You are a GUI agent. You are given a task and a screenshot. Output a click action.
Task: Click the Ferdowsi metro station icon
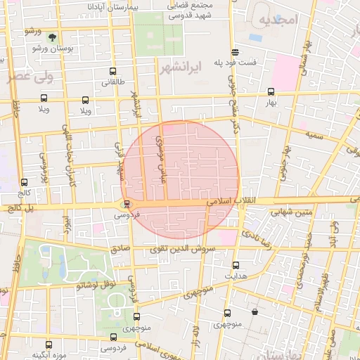(x=127, y=205)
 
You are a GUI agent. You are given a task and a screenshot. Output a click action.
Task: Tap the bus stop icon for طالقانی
(x=113, y=71)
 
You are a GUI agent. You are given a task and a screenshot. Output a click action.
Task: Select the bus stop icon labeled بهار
(x=271, y=91)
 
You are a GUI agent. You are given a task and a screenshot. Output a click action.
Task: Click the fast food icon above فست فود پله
(x=235, y=51)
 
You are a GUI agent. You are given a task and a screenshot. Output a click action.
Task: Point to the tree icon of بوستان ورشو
(x=53, y=34)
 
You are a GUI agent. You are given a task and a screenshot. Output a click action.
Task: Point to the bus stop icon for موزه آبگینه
(x=48, y=345)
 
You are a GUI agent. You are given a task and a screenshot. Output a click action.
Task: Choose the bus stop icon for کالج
(x=25, y=181)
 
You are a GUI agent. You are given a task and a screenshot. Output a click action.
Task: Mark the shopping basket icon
(x=253, y=311)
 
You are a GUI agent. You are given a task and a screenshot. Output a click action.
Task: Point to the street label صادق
(x=120, y=247)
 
